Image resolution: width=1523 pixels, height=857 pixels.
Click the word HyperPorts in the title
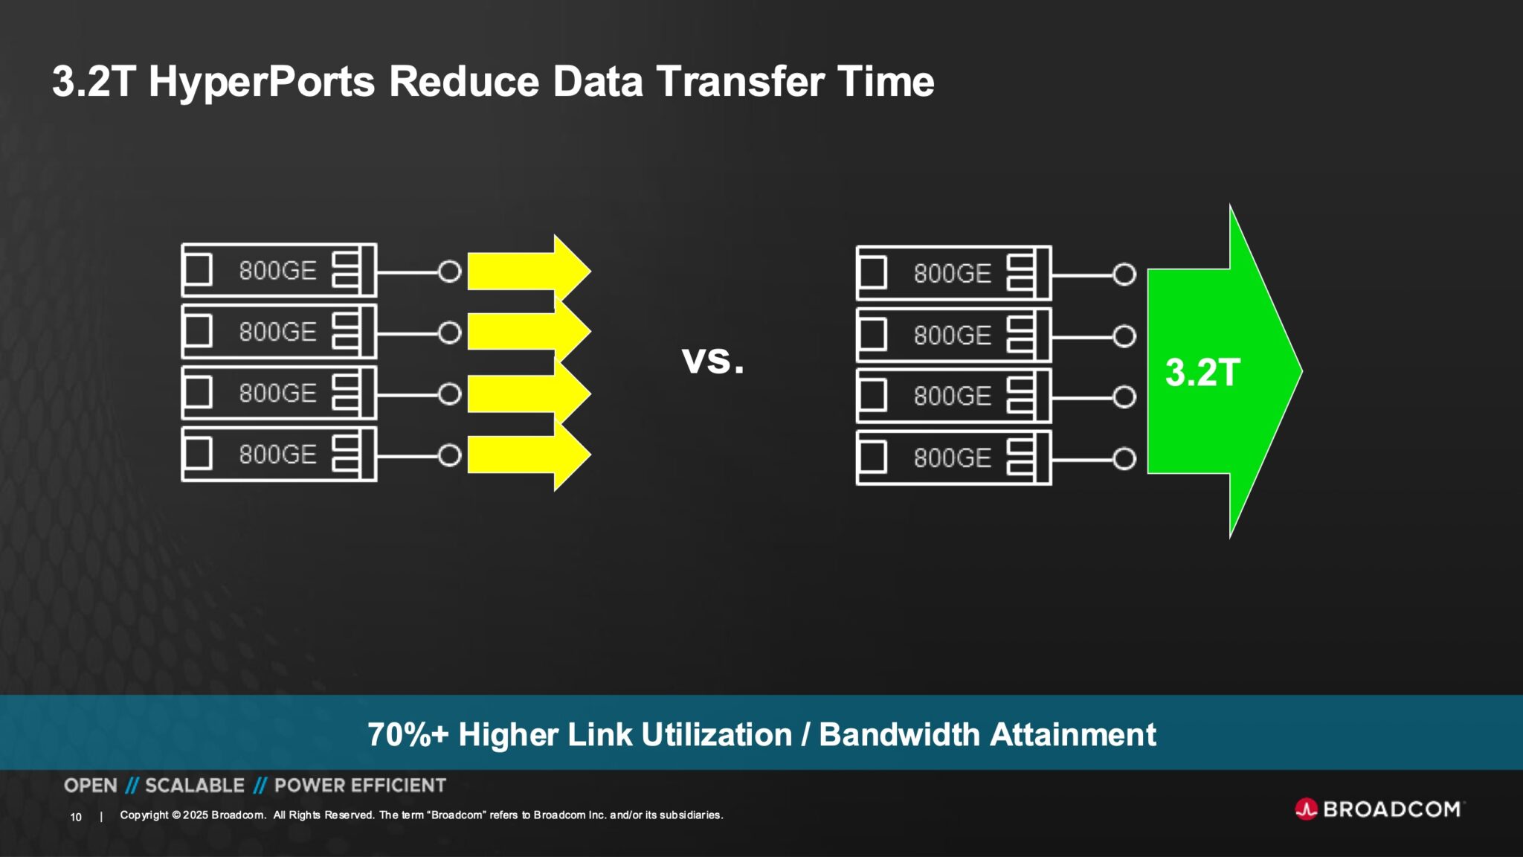(x=262, y=82)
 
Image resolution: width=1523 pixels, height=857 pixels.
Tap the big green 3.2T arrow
(x=1220, y=372)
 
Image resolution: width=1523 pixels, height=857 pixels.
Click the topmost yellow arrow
(x=524, y=271)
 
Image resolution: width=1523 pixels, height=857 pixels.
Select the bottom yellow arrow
(x=524, y=455)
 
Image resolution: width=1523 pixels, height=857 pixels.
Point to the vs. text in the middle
(x=712, y=360)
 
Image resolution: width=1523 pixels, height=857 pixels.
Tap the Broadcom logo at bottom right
(x=1379, y=809)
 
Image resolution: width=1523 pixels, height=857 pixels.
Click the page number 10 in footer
(x=76, y=817)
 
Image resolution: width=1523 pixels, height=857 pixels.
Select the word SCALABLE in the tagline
(x=195, y=786)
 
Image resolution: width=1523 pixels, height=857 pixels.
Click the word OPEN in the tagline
(x=91, y=786)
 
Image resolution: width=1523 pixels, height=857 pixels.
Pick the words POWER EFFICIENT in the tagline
(x=360, y=786)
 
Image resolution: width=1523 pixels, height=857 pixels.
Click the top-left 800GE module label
(x=278, y=271)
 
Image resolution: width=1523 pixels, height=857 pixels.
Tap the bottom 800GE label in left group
(x=278, y=455)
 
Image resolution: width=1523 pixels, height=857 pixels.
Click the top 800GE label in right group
(x=953, y=274)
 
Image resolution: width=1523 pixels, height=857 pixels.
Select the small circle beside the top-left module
(x=449, y=272)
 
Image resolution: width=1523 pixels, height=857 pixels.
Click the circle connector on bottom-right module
(x=1124, y=459)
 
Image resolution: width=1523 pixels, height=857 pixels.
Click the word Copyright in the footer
(x=144, y=815)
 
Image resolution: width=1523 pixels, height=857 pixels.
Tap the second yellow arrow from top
(x=524, y=332)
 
